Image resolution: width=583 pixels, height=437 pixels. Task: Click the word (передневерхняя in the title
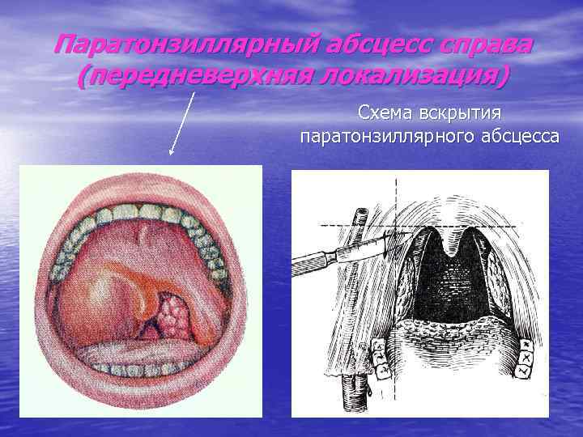click(x=198, y=78)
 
